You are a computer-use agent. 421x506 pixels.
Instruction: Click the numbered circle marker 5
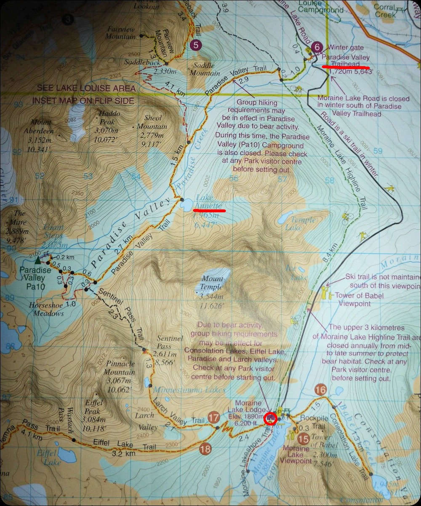pyautogui.click(x=196, y=45)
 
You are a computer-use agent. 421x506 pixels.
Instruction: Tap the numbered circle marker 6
pyautogui.click(x=318, y=47)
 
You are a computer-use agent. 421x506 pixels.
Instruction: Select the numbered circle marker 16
pyautogui.click(x=321, y=390)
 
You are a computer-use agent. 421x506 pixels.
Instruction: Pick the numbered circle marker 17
pyautogui.click(x=213, y=418)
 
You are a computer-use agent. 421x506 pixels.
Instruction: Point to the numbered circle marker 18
pyautogui.click(x=205, y=449)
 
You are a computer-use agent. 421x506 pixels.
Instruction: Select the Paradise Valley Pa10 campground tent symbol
pyautogui.click(x=39, y=258)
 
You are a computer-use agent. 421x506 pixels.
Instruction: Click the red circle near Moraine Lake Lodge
pyautogui.click(x=269, y=418)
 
